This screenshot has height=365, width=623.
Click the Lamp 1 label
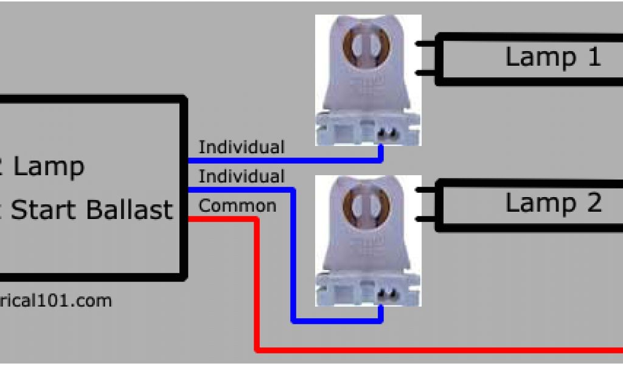tap(552, 57)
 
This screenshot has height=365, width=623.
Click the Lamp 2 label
tap(553, 203)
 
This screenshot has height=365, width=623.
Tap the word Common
tap(237, 206)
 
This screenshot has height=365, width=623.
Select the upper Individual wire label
tap(242, 147)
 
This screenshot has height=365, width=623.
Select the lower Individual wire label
tap(242, 176)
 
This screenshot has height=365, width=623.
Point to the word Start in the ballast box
tap(46, 210)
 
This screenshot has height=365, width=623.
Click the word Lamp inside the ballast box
tap(49, 166)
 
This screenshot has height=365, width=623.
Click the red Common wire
tap(426, 350)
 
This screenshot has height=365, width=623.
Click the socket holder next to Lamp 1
tap(368, 79)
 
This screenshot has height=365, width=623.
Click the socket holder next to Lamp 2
tap(368, 240)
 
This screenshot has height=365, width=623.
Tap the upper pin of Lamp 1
tap(425, 44)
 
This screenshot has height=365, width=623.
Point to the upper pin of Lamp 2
tap(425, 190)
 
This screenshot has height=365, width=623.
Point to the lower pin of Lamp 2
tap(425, 219)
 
